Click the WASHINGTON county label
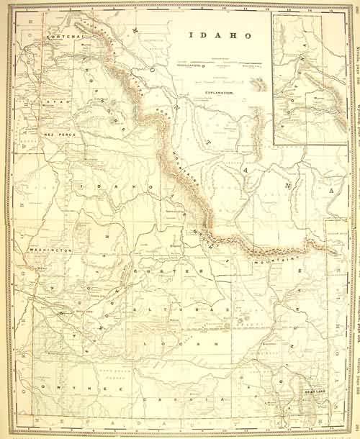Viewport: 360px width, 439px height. [50, 250]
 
